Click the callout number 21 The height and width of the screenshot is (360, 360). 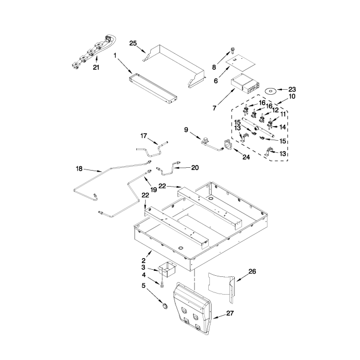[x=96, y=67]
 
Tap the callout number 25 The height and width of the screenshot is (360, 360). [x=133, y=43]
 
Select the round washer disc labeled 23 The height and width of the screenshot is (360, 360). [x=271, y=91]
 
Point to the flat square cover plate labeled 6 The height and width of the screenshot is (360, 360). [x=240, y=63]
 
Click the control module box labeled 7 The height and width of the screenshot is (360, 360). [x=244, y=84]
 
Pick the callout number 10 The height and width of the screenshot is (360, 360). [x=292, y=96]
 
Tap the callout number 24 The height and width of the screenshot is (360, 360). [x=246, y=157]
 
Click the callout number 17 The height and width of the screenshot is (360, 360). [x=143, y=136]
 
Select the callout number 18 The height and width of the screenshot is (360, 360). [x=79, y=169]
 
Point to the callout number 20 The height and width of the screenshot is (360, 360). [x=195, y=168]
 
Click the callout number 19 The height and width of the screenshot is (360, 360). [x=153, y=189]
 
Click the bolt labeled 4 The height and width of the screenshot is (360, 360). [x=162, y=284]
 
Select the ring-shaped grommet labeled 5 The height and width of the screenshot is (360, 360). [x=164, y=306]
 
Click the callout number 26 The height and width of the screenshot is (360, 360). [x=252, y=271]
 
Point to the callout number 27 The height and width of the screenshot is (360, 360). [x=230, y=313]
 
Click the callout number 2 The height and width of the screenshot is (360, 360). [x=144, y=261]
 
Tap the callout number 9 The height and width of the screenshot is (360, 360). [x=186, y=130]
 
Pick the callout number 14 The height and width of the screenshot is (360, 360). [x=282, y=127]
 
